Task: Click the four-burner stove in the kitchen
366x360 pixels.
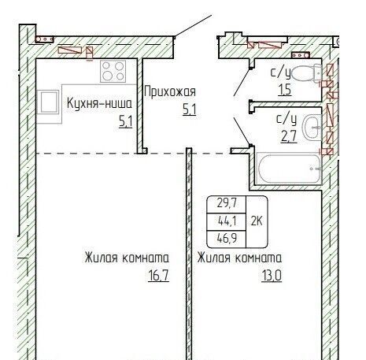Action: click(x=113, y=72)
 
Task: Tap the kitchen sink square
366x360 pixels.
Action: click(x=48, y=102)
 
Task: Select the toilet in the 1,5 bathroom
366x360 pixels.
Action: click(x=306, y=73)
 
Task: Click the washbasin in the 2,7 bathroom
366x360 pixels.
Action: click(x=312, y=128)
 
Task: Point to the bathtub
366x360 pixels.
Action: click(x=289, y=169)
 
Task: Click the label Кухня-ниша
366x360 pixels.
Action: click(x=99, y=103)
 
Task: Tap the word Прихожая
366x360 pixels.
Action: click(x=170, y=92)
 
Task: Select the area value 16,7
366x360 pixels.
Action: click(x=158, y=276)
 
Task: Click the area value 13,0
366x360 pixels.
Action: click(x=272, y=276)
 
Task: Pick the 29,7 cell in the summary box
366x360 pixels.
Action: click(x=227, y=203)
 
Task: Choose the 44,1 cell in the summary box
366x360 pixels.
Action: click(x=227, y=221)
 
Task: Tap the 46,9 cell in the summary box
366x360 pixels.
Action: click(x=227, y=239)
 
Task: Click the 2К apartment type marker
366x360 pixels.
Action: click(x=257, y=221)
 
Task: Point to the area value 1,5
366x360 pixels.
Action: click(x=285, y=90)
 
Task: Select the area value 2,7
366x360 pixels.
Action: click(x=289, y=136)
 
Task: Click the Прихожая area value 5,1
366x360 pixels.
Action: click(x=190, y=109)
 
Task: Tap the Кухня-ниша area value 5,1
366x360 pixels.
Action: click(x=126, y=122)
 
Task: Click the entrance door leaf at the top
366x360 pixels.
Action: click(x=193, y=26)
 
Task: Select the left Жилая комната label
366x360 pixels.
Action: click(x=127, y=258)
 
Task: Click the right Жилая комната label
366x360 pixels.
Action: click(x=239, y=258)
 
